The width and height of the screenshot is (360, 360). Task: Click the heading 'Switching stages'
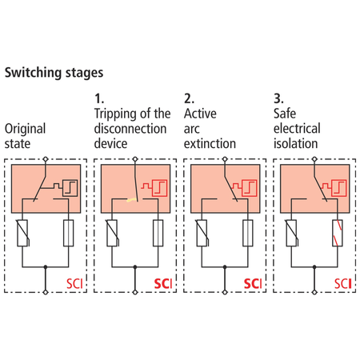tap(54, 73)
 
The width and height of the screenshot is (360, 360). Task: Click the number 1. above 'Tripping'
tap(99, 98)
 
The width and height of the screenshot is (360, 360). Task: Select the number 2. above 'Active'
tap(189, 98)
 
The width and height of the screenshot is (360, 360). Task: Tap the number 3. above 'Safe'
tap(278, 98)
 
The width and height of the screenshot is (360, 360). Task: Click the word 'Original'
tap(26, 129)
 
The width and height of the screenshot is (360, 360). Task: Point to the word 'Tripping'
tap(117, 114)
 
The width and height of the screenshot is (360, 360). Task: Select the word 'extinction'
tap(210, 144)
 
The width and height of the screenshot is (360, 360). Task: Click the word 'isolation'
tap(296, 144)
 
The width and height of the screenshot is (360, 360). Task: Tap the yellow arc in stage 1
tap(131, 200)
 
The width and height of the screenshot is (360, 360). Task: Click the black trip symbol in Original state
tap(70, 188)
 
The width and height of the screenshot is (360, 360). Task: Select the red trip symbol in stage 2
tap(249, 188)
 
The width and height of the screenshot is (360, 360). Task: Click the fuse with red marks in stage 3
tap(338, 233)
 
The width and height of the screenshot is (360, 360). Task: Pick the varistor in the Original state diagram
tap(22, 233)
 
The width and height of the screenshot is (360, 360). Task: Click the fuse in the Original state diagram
tap(69, 233)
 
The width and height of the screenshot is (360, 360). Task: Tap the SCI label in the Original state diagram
tap(74, 284)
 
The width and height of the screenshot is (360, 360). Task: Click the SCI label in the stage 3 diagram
tap(343, 284)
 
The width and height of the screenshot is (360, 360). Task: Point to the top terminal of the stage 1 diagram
tap(135, 159)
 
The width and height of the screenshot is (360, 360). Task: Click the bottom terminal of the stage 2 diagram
tap(225, 292)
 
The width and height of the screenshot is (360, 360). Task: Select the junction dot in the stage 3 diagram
tap(314, 267)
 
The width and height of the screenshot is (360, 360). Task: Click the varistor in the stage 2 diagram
tap(202, 233)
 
